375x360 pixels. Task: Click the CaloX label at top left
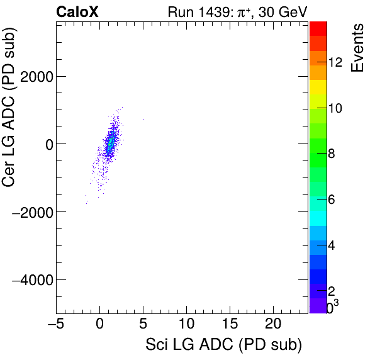(77, 11)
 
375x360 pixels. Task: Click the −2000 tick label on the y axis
(33, 211)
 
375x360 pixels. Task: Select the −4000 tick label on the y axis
(33, 279)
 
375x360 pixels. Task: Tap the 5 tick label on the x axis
(143, 325)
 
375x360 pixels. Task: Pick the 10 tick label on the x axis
(186, 325)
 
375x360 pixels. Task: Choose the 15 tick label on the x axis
(230, 325)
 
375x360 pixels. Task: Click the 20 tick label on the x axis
(273, 325)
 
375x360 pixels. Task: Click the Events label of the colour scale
(357, 48)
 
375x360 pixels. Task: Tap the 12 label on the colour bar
(335, 62)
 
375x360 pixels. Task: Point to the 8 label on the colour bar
(331, 154)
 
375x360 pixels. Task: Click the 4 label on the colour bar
(331, 245)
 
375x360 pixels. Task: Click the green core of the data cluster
(110, 143)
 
